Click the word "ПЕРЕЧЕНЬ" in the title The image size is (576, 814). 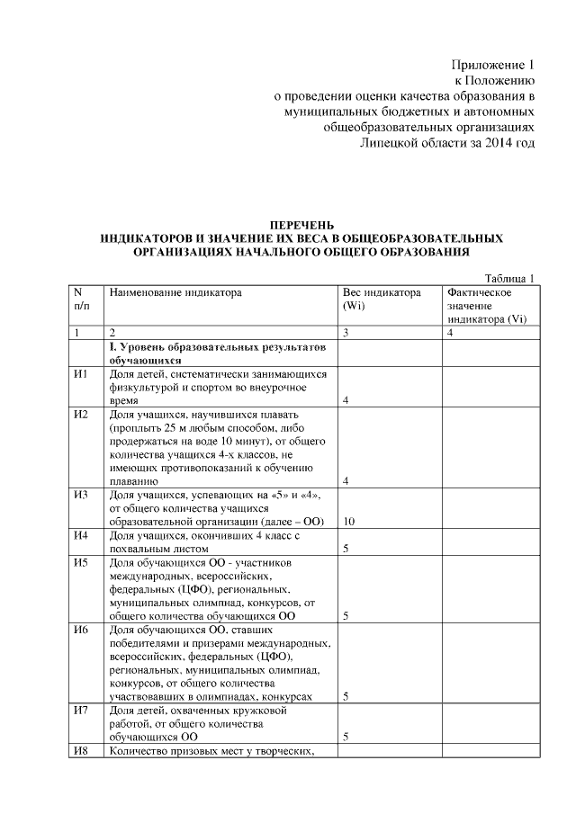tap(302, 224)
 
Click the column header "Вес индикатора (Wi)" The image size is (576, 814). tap(382, 299)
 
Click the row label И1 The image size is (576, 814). tap(81, 374)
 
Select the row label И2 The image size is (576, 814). tap(81, 415)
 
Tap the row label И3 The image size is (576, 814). tap(81, 496)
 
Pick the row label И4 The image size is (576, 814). tap(81, 536)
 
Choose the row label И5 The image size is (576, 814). tap(81, 563)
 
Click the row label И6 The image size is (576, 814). tap(81, 631)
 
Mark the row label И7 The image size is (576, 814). tap(81, 711)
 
